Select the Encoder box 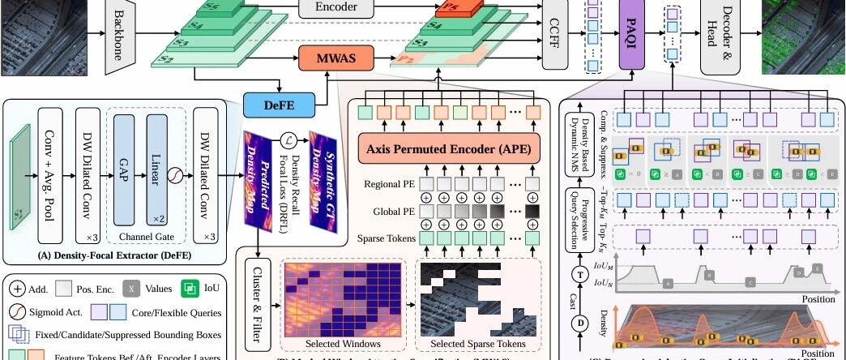(x=339, y=9)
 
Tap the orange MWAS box (x=337, y=58)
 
